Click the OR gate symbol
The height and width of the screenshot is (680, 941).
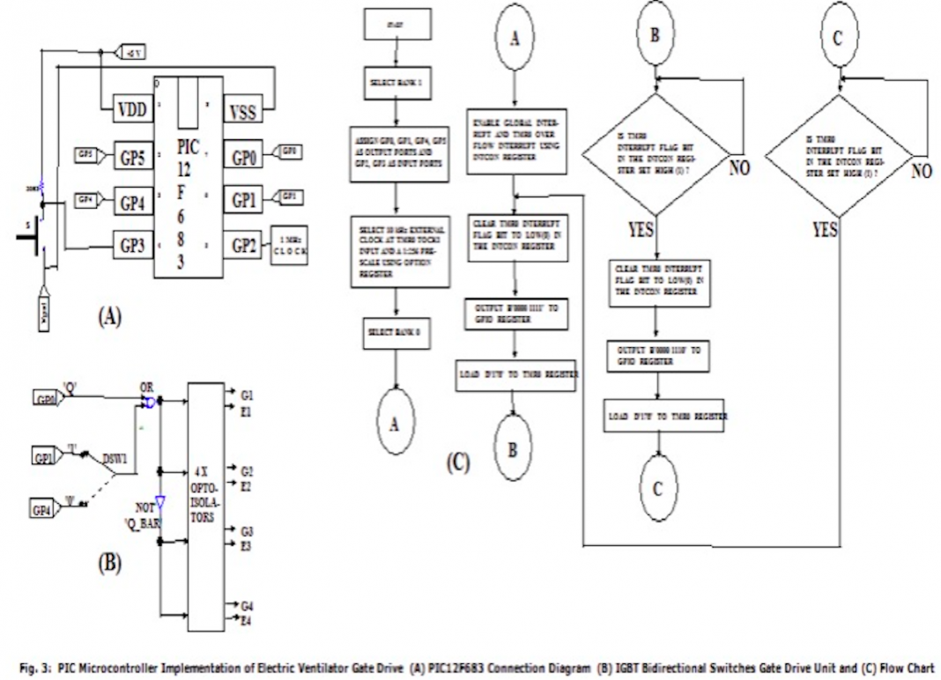tap(151, 403)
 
